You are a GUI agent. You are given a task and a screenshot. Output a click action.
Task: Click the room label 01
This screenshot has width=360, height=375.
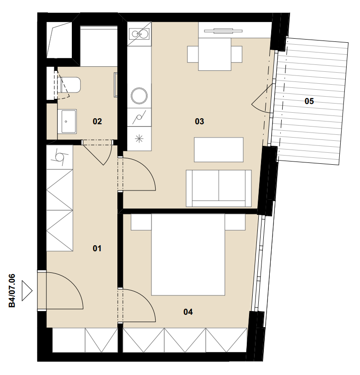(97, 248)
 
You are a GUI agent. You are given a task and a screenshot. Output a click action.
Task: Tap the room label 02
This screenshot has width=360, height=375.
(97, 121)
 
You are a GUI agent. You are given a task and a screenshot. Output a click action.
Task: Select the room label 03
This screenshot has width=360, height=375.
(199, 121)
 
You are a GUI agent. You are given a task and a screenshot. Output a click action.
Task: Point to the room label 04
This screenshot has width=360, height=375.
(188, 312)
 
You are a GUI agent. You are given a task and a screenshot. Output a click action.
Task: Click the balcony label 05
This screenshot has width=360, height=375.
(309, 101)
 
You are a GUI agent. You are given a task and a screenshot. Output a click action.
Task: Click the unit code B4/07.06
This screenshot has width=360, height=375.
(12, 291)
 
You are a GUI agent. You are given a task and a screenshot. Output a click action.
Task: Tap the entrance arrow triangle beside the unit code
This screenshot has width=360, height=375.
(27, 291)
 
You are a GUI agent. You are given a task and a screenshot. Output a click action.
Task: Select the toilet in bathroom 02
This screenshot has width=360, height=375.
(70, 85)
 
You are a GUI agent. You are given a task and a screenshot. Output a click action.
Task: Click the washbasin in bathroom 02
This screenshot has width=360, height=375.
(67, 121)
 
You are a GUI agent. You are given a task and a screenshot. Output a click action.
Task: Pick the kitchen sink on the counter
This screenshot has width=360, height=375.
(139, 34)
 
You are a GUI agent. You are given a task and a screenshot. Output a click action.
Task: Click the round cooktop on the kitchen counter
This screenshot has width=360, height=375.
(139, 96)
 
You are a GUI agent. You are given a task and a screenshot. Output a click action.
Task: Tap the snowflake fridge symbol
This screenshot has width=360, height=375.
(139, 138)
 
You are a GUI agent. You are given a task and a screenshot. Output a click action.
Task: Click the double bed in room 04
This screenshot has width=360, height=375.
(188, 254)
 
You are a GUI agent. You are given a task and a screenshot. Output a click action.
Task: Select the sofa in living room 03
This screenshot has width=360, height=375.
(219, 188)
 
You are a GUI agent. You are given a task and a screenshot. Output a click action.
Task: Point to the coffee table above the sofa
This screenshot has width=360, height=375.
(219, 150)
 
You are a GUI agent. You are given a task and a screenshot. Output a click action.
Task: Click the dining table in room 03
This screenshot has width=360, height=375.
(215, 54)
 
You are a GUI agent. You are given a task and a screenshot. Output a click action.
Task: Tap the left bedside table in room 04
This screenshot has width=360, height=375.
(141, 222)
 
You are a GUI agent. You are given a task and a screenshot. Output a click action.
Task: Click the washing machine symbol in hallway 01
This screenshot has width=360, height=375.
(59, 157)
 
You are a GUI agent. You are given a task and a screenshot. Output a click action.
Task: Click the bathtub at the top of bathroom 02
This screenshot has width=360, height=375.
(99, 46)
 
